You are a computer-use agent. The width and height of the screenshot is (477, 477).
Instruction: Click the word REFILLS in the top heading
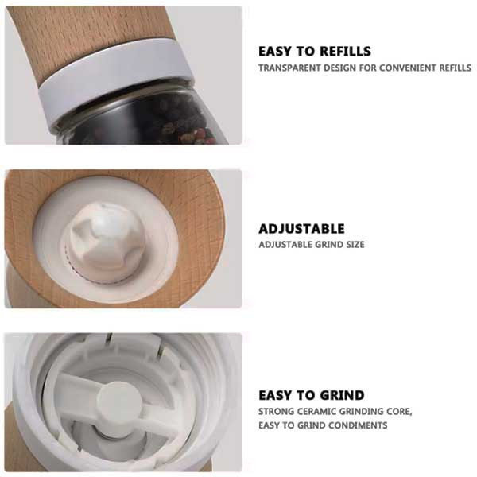pos(345,52)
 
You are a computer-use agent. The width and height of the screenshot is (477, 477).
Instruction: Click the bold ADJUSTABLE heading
pos(301,229)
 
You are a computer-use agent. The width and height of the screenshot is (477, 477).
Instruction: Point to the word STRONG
pos(276,412)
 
